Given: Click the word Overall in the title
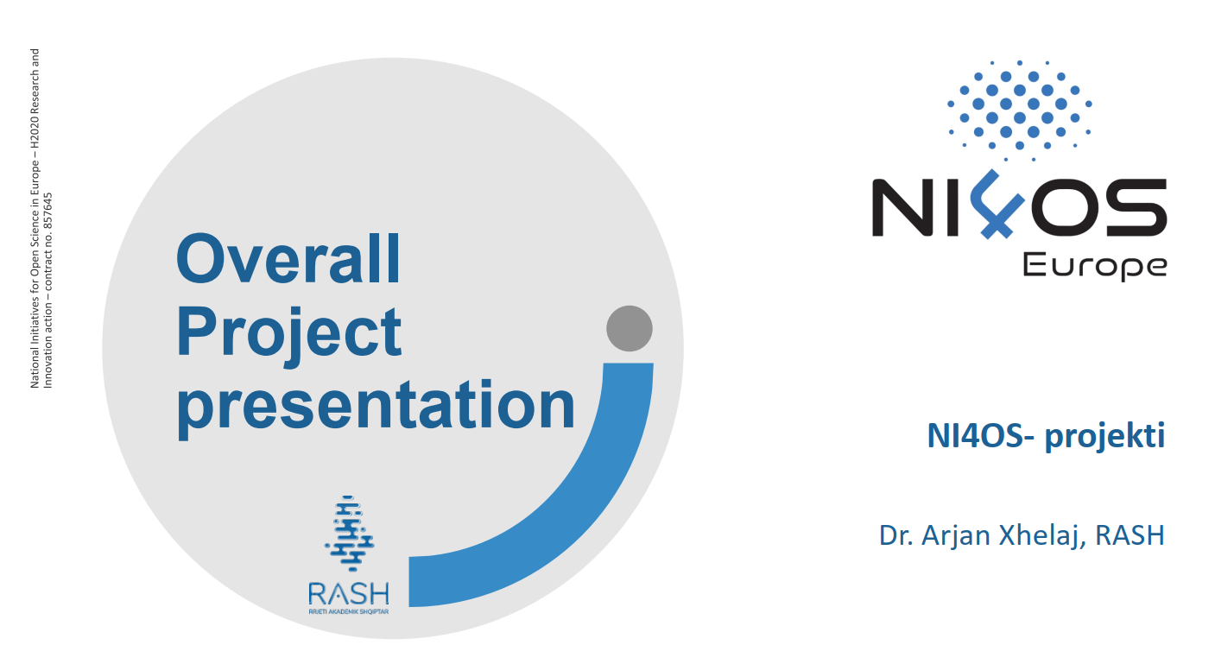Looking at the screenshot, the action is point(288,258).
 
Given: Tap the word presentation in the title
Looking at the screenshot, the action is point(376,408).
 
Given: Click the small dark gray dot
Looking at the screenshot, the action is point(630,328).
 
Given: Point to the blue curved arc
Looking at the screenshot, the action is point(589,521).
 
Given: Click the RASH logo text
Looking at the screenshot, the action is point(349,593).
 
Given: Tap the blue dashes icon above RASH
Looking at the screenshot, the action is point(350,533).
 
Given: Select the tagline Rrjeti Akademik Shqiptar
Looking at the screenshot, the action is point(349,611).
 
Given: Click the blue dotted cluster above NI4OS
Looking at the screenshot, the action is point(1020,111).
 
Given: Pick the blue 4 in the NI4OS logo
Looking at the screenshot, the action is point(997,205).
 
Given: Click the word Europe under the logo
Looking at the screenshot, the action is point(1095,268).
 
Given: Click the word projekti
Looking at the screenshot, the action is point(1104,437).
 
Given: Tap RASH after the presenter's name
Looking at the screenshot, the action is point(1130,536).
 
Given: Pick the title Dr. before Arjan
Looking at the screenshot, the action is point(896,536).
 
